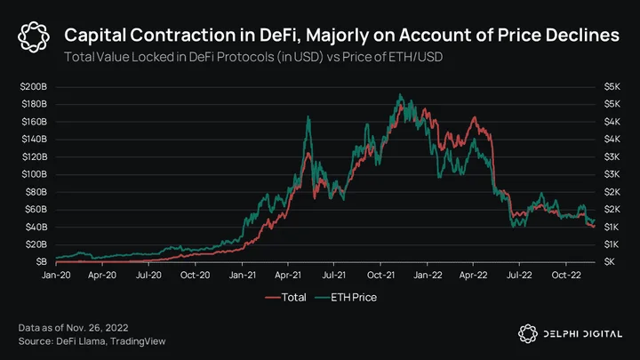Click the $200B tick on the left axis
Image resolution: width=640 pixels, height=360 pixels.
click(x=34, y=86)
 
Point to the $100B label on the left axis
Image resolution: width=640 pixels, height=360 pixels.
click(x=35, y=174)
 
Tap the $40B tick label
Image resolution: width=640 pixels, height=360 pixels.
click(x=36, y=227)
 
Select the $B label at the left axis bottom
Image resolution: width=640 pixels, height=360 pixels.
click(x=41, y=261)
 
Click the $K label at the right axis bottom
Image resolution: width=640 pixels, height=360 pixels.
click(x=610, y=261)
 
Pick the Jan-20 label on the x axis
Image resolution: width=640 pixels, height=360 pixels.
click(x=56, y=275)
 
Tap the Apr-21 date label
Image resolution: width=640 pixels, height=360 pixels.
click(x=288, y=275)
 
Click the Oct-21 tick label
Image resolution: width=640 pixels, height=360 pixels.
click(x=380, y=275)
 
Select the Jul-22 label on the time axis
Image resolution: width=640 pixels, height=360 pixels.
click(x=519, y=275)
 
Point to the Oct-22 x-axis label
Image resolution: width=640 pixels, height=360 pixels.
click(x=565, y=275)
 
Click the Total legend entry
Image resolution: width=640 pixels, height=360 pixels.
click(x=285, y=297)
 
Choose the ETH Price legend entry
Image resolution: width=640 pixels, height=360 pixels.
click(x=346, y=297)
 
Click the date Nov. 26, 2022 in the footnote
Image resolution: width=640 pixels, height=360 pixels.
click(x=97, y=328)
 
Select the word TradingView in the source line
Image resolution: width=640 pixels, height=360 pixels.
click(x=138, y=341)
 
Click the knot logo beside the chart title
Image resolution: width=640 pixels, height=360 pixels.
click(x=34, y=37)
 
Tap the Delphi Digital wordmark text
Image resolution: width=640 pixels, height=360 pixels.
click(x=582, y=334)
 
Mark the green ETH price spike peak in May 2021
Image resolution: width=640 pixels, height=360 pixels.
click(x=308, y=116)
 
